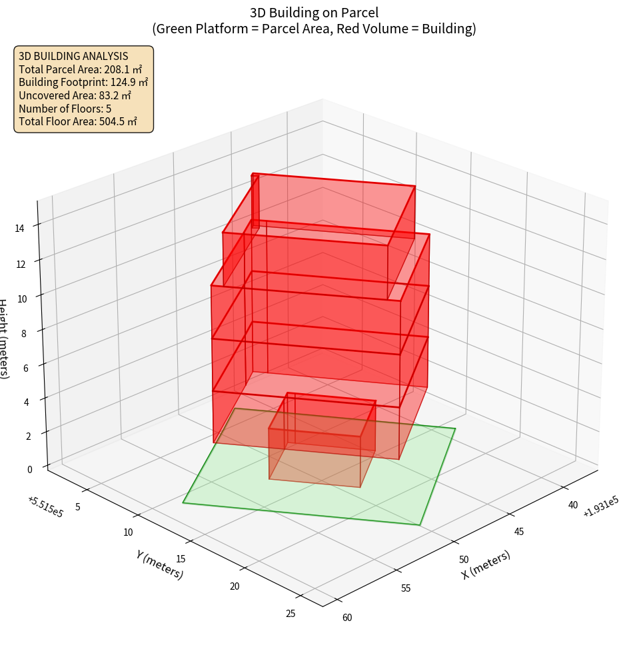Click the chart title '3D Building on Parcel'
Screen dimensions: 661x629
[x=314, y=13]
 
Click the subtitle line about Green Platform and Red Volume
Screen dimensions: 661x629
[x=314, y=29]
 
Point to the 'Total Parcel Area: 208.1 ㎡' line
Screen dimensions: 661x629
[x=80, y=69]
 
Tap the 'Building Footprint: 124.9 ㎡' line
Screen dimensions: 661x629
[x=83, y=82]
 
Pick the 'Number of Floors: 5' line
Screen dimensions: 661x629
[x=65, y=109]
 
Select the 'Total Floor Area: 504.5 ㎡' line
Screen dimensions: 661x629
[x=78, y=121]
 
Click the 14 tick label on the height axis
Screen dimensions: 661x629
[x=20, y=229]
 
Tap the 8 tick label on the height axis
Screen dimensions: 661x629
[x=23, y=333]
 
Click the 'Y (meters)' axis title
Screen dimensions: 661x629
[x=159, y=564]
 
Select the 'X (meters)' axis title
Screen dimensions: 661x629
[x=486, y=564]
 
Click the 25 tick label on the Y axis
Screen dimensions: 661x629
[x=291, y=614]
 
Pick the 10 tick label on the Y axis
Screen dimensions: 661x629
[x=128, y=532]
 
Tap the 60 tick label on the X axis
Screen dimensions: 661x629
[x=347, y=618]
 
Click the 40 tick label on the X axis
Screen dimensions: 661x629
[x=573, y=505]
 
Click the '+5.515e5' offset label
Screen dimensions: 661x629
[x=45, y=507]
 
